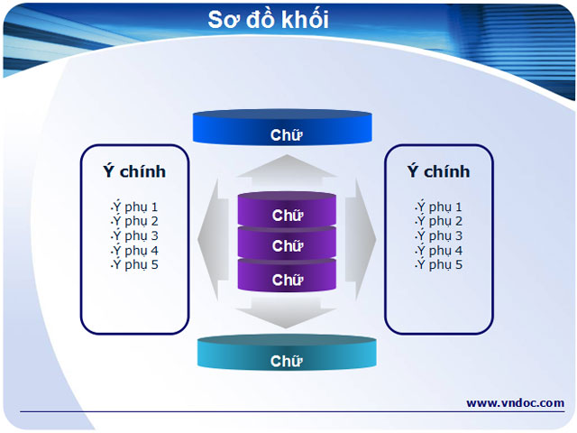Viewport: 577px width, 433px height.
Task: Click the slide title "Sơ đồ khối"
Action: [268, 19]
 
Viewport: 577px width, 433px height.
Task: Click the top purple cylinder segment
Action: [287, 213]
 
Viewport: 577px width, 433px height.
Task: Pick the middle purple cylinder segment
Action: [287, 245]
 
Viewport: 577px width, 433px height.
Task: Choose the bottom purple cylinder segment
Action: [287, 279]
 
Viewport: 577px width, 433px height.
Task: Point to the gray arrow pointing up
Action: [287, 170]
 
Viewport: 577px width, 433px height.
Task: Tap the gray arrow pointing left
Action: [211, 239]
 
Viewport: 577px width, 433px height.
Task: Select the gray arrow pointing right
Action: [363, 239]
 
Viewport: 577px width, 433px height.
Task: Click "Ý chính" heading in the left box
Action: [134, 171]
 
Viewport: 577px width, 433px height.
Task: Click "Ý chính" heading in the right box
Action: [438, 171]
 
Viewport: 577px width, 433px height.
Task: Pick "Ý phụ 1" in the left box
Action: [134, 207]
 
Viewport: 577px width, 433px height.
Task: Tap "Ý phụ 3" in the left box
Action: [134, 235]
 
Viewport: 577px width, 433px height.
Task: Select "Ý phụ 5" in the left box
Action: [134, 264]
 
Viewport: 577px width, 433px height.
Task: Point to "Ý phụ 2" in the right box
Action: [439, 221]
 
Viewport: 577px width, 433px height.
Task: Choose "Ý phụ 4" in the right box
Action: [439, 250]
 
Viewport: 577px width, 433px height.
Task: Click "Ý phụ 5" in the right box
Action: [439, 264]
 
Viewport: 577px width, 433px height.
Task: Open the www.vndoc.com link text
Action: [515, 402]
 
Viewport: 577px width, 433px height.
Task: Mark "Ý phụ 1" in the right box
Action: [439, 207]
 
